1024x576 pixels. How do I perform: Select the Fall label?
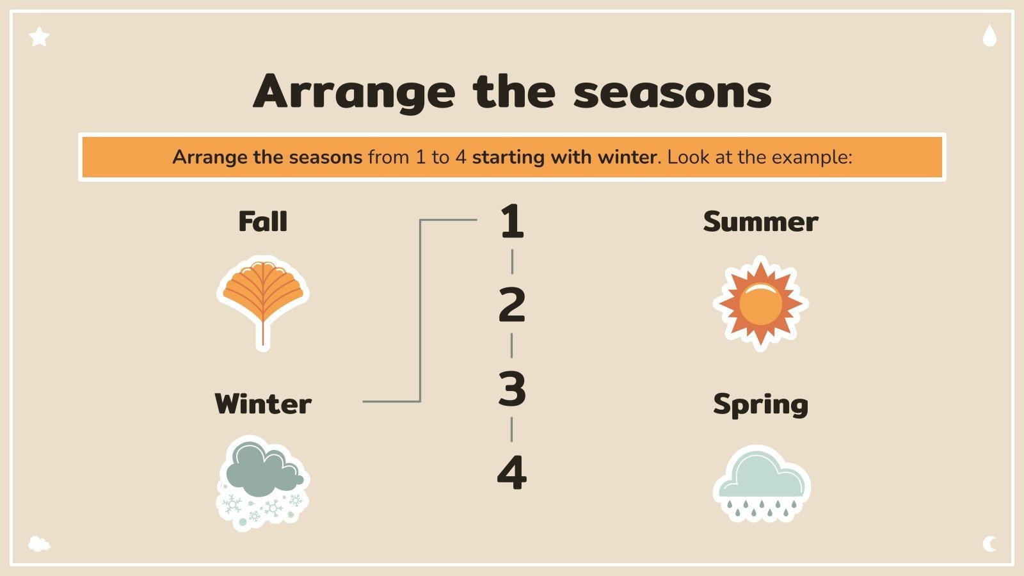click(x=262, y=221)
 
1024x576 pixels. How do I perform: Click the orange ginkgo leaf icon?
click(x=262, y=298)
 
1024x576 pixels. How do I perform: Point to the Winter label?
click(x=263, y=404)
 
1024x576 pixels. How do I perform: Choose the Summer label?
click(x=760, y=221)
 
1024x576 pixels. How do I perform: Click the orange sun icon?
click(x=760, y=303)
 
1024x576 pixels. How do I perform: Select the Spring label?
click(x=760, y=404)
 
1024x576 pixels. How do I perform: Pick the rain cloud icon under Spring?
click(x=762, y=484)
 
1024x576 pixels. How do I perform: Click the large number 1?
click(x=512, y=221)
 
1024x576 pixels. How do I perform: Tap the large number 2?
click(x=512, y=305)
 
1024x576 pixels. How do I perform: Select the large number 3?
click(x=512, y=389)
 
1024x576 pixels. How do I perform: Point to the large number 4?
click(x=512, y=473)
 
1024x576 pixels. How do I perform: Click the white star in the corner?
click(x=39, y=37)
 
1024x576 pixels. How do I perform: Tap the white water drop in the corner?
click(x=989, y=36)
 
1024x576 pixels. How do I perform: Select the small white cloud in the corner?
click(x=39, y=544)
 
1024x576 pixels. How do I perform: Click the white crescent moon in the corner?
click(x=989, y=544)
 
